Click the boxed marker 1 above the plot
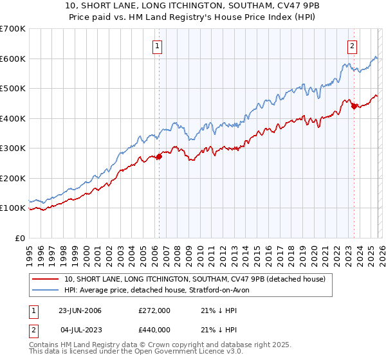pyautogui.click(x=158, y=46)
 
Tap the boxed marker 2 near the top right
pyautogui.click(x=353, y=46)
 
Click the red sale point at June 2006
pyautogui.click(x=159, y=157)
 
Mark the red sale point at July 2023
pyautogui.click(x=354, y=107)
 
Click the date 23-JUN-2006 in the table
pyautogui.click(x=80, y=310)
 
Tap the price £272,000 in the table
pyautogui.click(x=154, y=310)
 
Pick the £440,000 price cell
pyautogui.click(x=154, y=330)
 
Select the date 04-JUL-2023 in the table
pyautogui.click(x=80, y=330)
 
